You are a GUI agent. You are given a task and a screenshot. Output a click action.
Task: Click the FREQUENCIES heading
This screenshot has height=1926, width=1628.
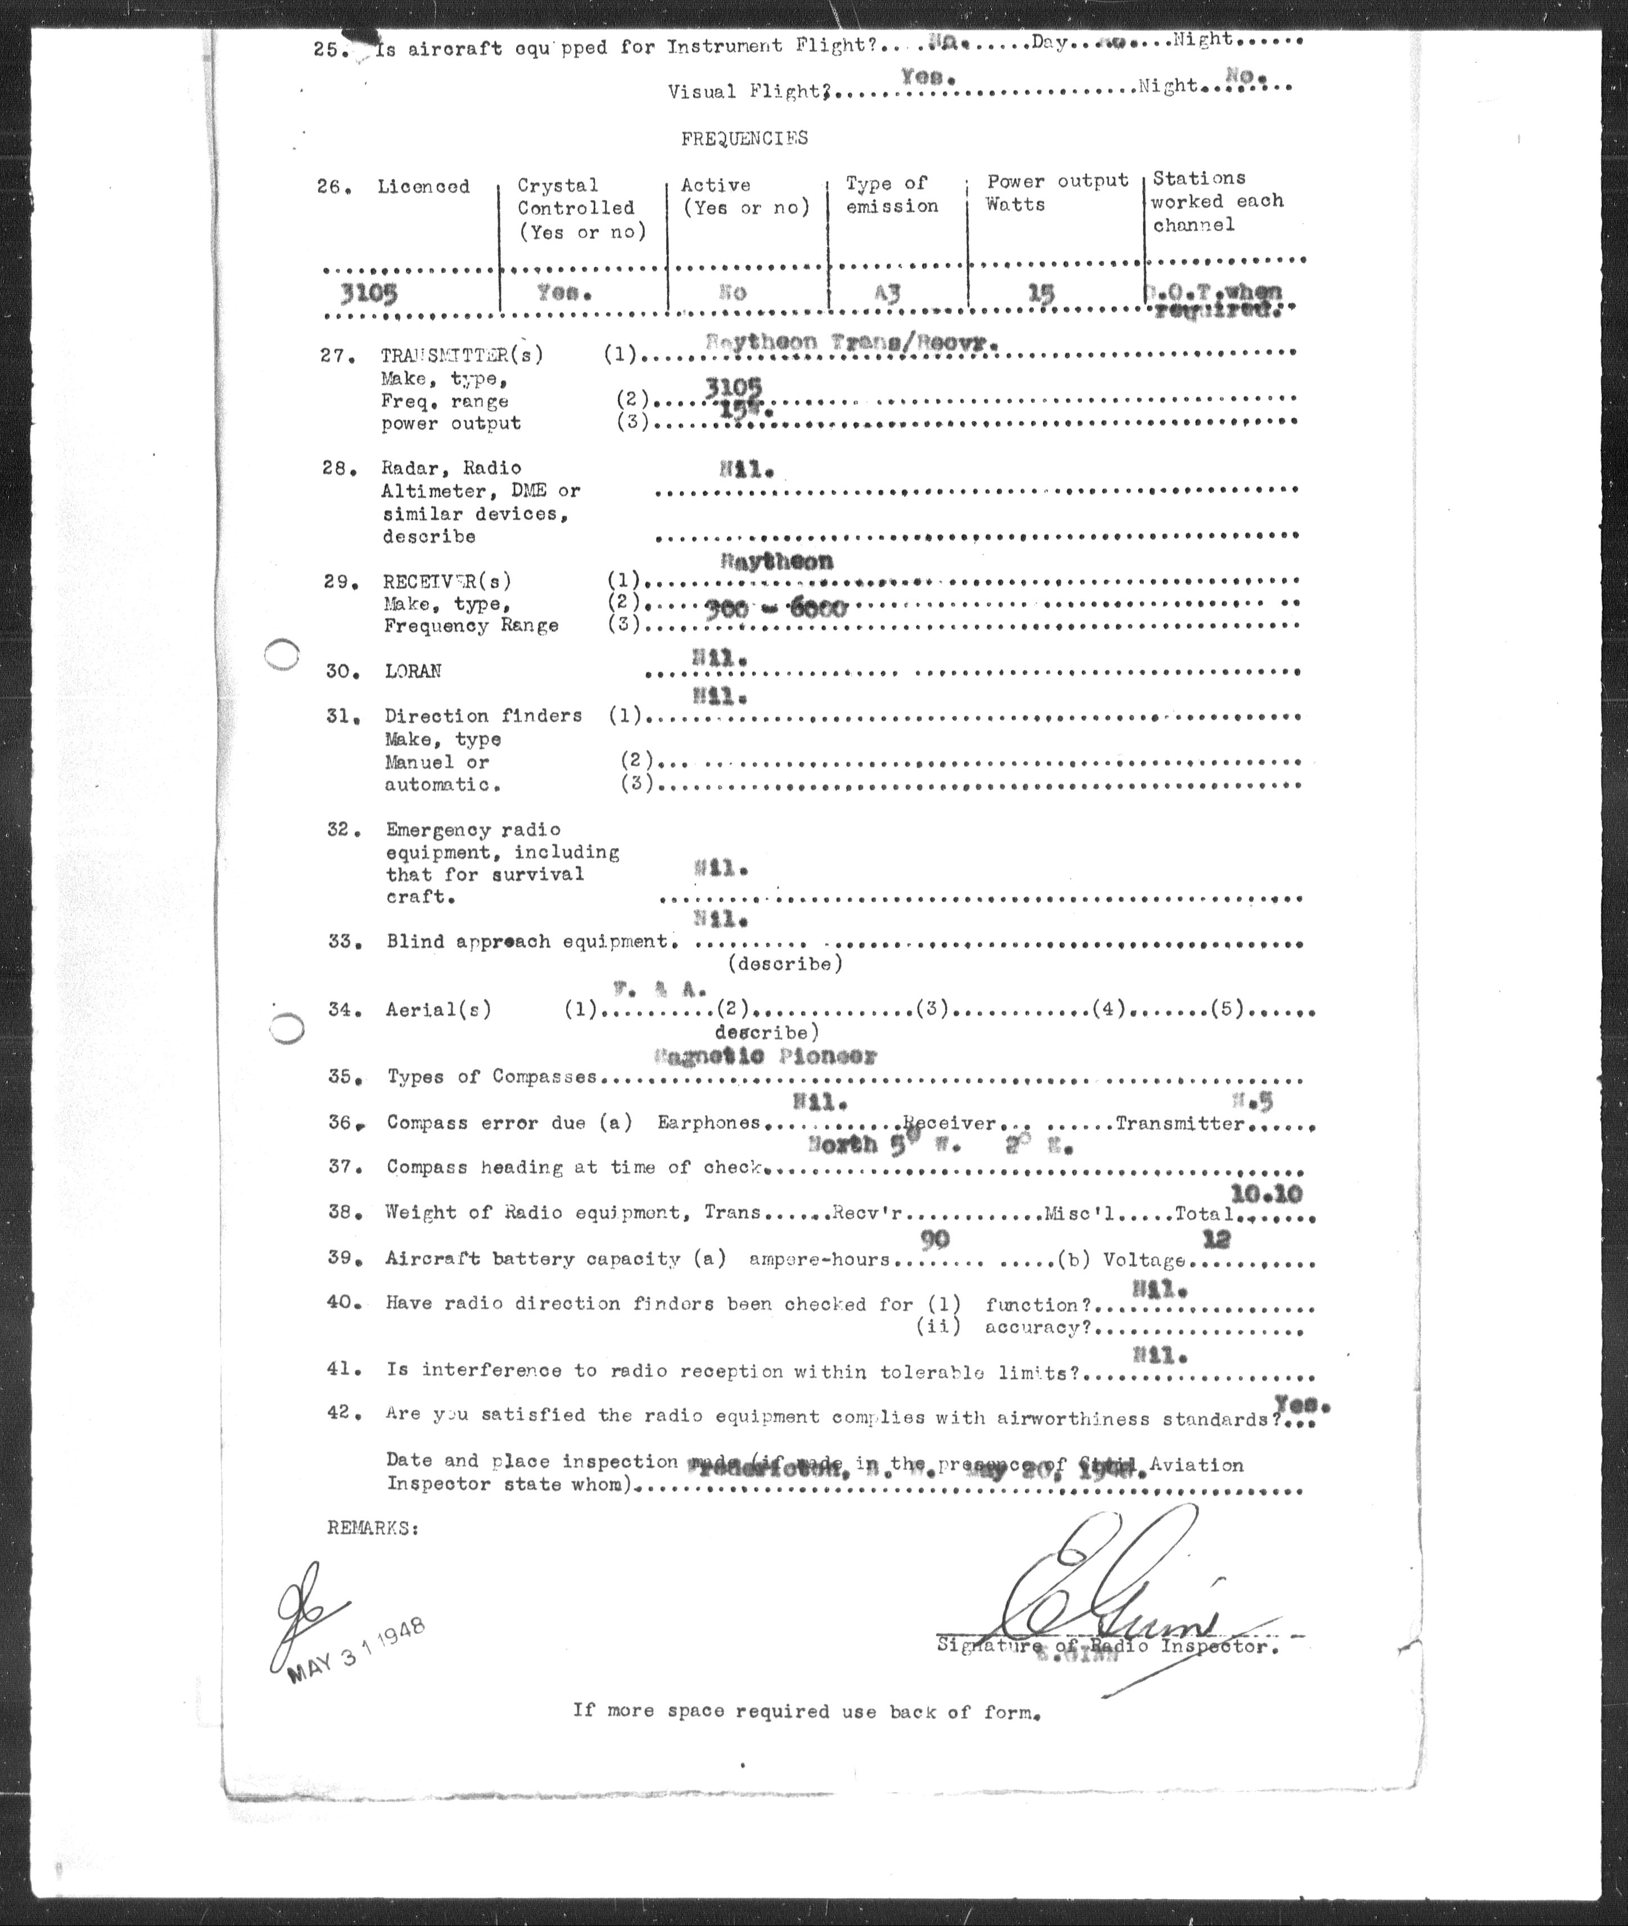(x=744, y=138)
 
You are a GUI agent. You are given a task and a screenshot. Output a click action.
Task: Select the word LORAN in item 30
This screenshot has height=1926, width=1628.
(x=413, y=671)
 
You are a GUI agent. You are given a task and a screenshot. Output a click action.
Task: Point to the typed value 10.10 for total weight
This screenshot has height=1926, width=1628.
(x=1266, y=1194)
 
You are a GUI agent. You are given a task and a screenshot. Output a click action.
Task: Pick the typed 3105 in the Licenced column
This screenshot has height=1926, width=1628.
(x=368, y=294)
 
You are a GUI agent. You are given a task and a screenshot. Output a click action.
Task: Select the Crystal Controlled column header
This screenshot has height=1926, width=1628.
(x=581, y=208)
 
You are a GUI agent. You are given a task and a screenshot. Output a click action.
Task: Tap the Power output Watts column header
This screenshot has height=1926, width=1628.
(x=1057, y=192)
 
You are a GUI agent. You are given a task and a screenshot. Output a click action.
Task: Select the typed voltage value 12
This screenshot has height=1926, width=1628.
(x=1217, y=1239)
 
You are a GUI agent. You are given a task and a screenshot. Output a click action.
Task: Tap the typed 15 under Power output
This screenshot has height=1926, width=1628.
(x=1041, y=294)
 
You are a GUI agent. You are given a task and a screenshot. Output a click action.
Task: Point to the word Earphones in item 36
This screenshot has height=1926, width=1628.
(x=708, y=1123)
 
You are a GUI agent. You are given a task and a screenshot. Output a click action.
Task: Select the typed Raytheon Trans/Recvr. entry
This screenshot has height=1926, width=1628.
(x=851, y=341)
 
